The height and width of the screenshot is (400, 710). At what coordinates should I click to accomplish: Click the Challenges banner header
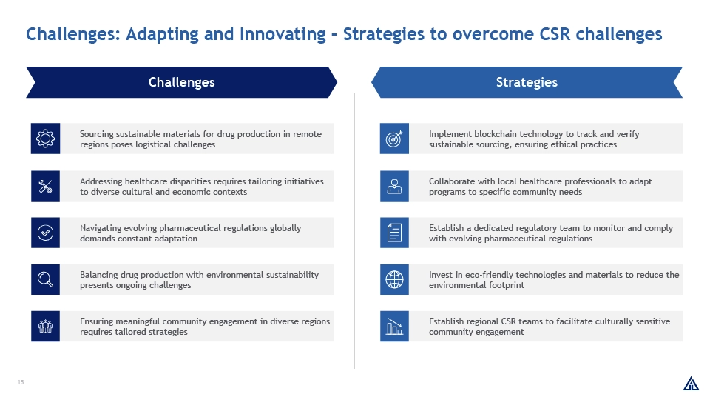pyautogui.click(x=182, y=82)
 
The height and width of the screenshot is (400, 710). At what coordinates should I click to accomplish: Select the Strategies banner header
pyautogui.click(x=527, y=82)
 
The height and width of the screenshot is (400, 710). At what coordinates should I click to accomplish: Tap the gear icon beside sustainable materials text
pyautogui.click(x=45, y=139)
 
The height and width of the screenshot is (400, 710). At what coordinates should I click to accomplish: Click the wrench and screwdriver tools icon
pyautogui.click(x=45, y=187)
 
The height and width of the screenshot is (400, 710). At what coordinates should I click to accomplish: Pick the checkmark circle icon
pyautogui.click(x=45, y=233)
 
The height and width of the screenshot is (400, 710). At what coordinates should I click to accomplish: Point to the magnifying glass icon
pyautogui.click(x=45, y=279)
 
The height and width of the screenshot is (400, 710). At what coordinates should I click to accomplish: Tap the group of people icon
pyautogui.click(x=45, y=326)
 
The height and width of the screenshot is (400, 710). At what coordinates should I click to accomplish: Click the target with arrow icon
pyautogui.click(x=394, y=139)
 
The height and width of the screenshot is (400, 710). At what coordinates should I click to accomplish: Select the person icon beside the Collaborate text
pyautogui.click(x=394, y=187)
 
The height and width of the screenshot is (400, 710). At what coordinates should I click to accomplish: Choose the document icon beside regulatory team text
pyautogui.click(x=394, y=233)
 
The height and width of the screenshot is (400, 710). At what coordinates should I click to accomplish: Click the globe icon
pyautogui.click(x=394, y=279)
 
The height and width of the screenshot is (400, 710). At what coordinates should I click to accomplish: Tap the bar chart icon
pyautogui.click(x=394, y=326)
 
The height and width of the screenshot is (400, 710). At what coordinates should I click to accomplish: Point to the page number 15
pyautogui.click(x=21, y=382)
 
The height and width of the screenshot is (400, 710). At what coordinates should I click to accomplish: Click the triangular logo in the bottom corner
pyautogui.click(x=691, y=384)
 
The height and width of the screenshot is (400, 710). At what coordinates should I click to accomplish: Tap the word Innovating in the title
pyautogui.click(x=283, y=34)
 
